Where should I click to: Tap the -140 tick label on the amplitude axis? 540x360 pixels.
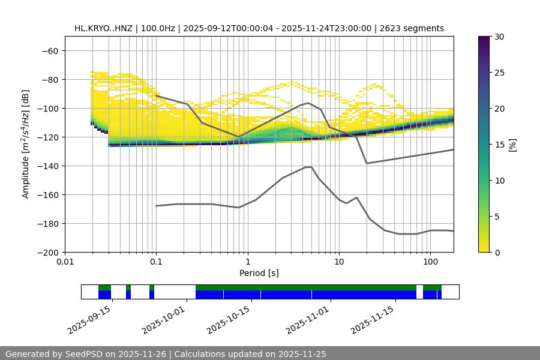(49, 166)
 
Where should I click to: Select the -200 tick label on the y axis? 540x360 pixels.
(49, 253)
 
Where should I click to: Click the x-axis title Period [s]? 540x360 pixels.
(259, 273)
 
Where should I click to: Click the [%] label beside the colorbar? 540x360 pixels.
(512, 145)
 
